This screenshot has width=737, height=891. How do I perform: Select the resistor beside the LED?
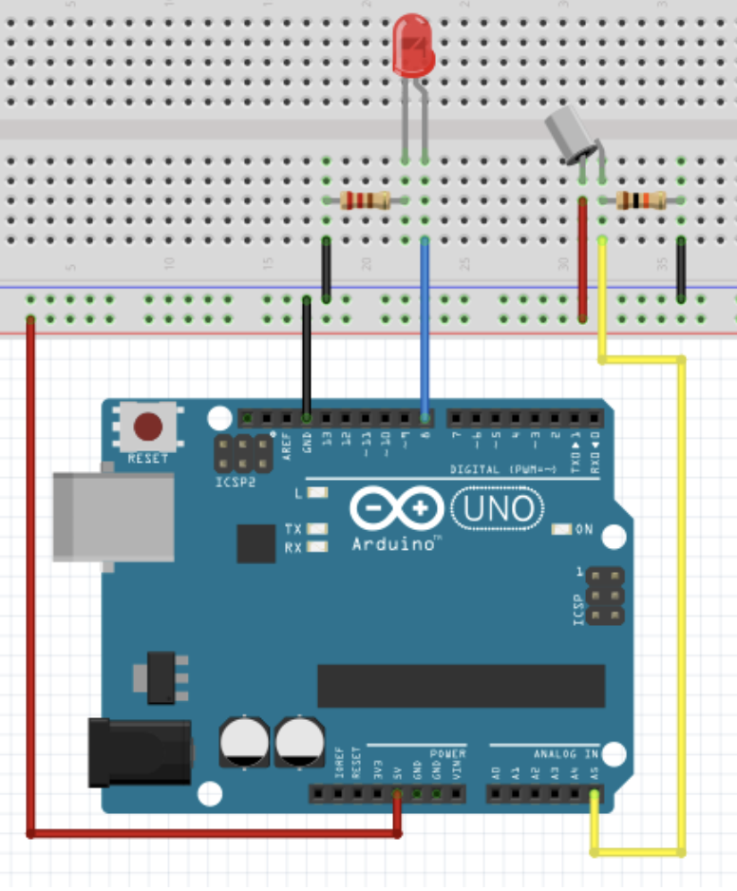[365, 199]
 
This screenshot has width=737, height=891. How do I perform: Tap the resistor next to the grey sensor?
[641, 199]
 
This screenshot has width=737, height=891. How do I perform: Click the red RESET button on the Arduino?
[147, 427]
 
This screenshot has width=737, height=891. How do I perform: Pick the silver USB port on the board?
[112, 517]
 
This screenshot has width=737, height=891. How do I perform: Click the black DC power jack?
[139, 752]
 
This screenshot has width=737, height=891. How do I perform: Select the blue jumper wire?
[425, 323]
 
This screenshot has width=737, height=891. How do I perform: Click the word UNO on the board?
[498, 509]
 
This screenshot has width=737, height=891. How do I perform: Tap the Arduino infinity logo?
[396, 509]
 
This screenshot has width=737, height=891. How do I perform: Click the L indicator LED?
[317, 493]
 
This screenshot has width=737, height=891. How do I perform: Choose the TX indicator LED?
[317, 529]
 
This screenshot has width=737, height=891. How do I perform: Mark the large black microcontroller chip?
[461, 686]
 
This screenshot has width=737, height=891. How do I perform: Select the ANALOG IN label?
[566, 753]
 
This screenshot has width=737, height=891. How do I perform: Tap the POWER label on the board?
[447, 753]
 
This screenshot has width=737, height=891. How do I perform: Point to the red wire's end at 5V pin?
[397, 796]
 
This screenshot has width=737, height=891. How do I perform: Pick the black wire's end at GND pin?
[307, 416]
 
